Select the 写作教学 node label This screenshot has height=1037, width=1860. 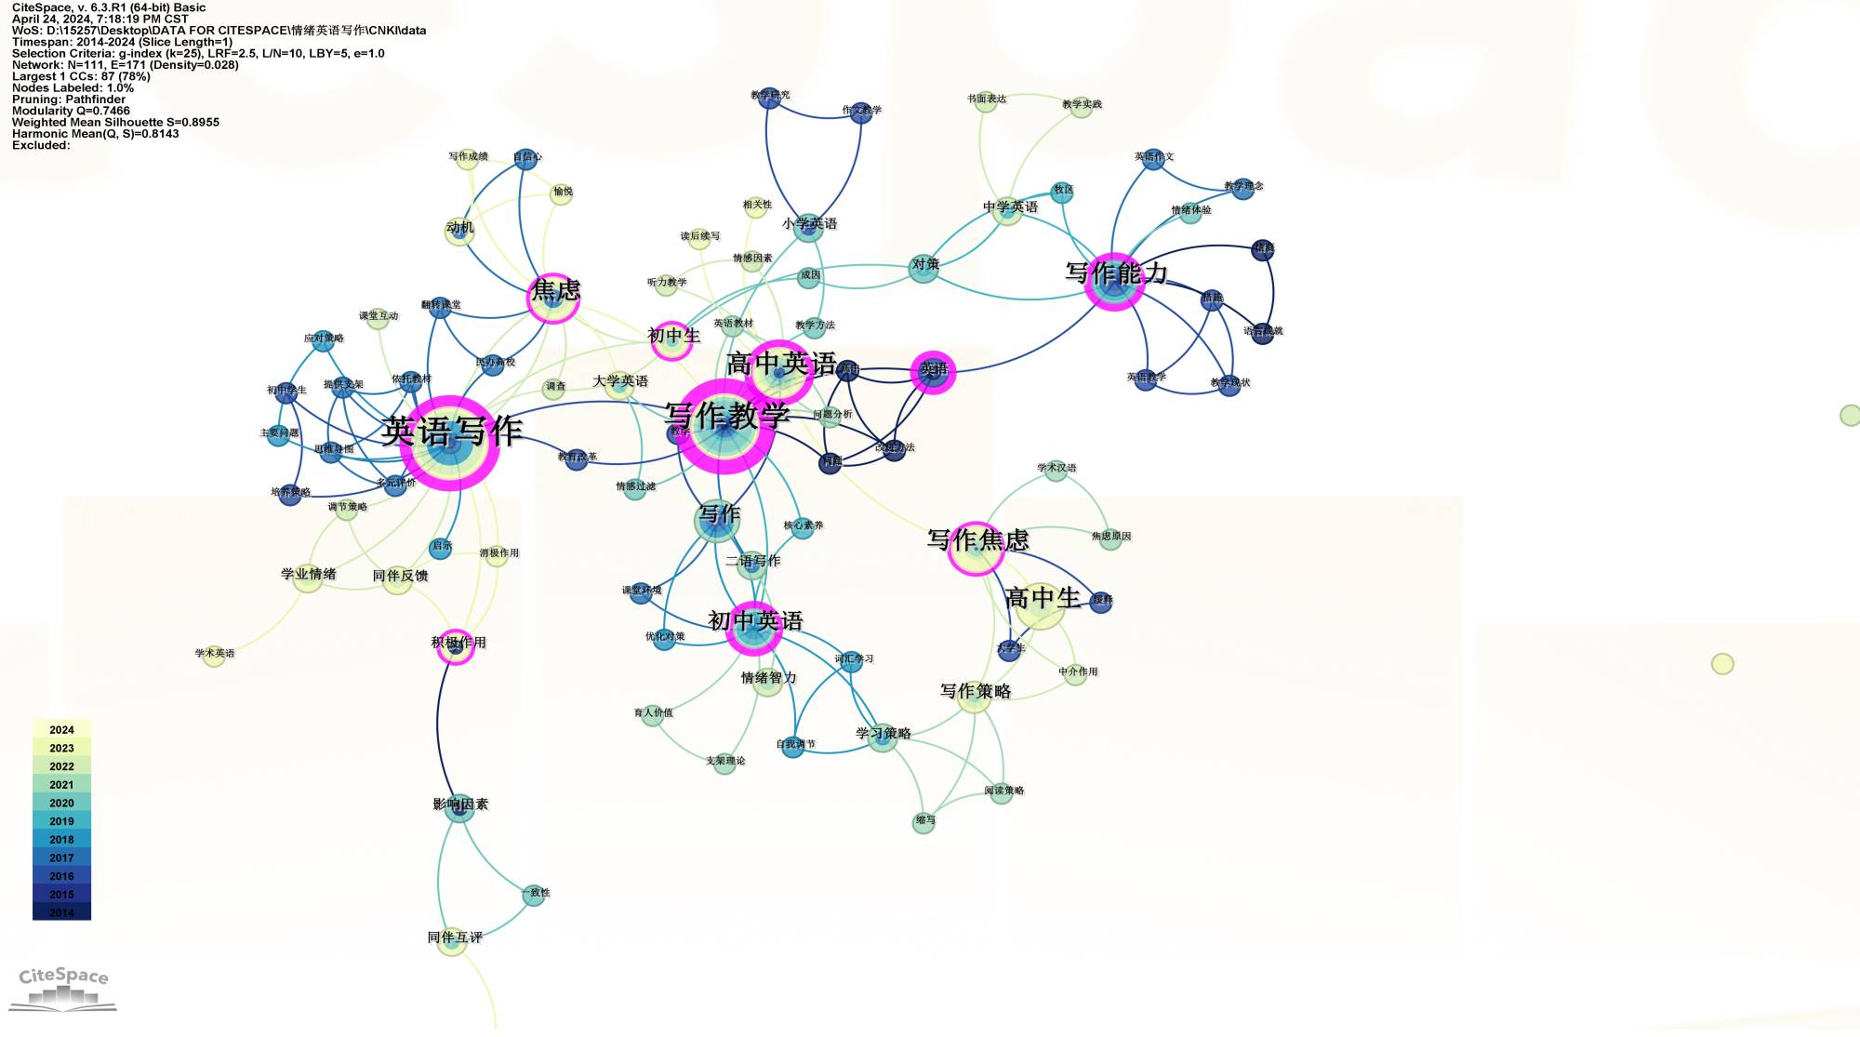tap(727, 415)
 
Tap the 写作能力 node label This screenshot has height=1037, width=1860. tap(1116, 273)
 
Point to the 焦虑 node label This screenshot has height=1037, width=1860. tap(555, 290)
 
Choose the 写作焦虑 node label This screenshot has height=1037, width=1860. tap(977, 539)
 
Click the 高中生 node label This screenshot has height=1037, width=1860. tap(1043, 597)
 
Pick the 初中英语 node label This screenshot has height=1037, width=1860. tap(755, 620)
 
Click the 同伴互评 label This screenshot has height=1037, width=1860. tap(455, 937)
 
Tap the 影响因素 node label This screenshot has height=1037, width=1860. tap(460, 804)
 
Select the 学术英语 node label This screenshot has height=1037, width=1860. tap(215, 654)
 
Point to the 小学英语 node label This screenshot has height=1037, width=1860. tap(809, 224)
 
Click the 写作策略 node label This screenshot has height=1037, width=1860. tap(976, 691)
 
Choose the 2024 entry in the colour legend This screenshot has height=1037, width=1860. tap(61, 730)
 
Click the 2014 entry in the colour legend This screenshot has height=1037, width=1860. tap(61, 912)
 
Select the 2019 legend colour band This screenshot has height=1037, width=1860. tap(61, 821)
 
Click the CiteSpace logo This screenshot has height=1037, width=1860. tap(63, 987)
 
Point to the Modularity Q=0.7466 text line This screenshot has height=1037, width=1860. tap(71, 111)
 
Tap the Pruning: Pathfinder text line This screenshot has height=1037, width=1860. tap(69, 100)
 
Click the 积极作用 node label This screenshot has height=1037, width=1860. tap(458, 643)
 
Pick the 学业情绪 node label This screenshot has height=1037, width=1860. tap(309, 574)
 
